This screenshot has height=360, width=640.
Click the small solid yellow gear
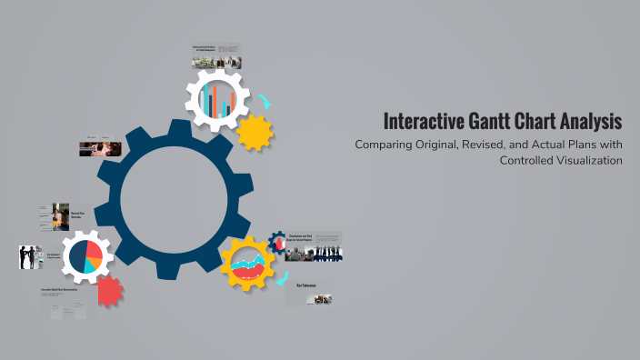point(255,133)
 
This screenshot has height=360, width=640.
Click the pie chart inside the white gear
point(83,255)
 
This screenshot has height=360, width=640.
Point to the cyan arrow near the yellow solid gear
point(263,102)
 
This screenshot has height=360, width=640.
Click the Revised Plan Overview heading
point(77,215)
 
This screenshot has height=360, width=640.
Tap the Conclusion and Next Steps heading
point(301,238)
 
